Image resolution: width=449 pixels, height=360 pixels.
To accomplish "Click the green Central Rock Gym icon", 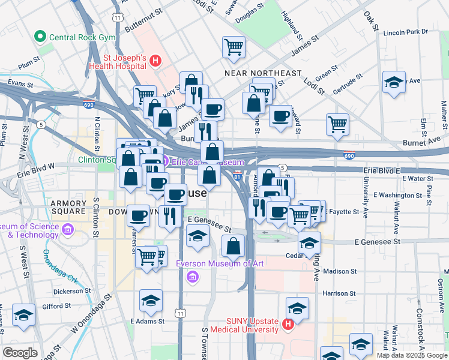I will click(x=41, y=37).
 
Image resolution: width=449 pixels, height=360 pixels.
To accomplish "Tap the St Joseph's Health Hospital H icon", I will click(x=155, y=61).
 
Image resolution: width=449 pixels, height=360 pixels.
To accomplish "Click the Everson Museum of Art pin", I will click(x=192, y=277).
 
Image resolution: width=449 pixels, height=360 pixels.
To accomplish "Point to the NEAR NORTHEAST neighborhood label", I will click(x=262, y=73).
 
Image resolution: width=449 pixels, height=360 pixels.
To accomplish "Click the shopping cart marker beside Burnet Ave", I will click(x=338, y=125).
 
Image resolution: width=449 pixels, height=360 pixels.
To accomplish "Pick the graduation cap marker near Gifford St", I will click(x=24, y=315).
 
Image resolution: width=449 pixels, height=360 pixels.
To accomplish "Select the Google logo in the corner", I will click(x=20, y=353).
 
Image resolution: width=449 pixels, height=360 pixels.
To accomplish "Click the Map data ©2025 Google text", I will click(x=412, y=355).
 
